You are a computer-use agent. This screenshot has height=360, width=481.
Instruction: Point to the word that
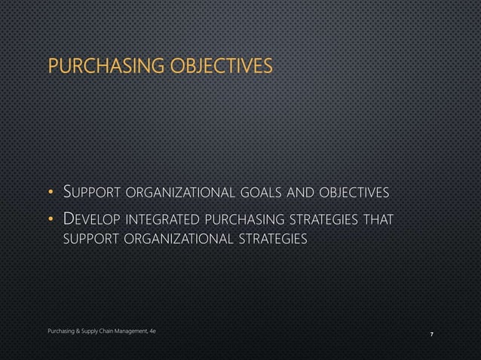[x=376, y=220]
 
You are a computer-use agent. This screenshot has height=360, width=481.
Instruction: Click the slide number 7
[x=430, y=333]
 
